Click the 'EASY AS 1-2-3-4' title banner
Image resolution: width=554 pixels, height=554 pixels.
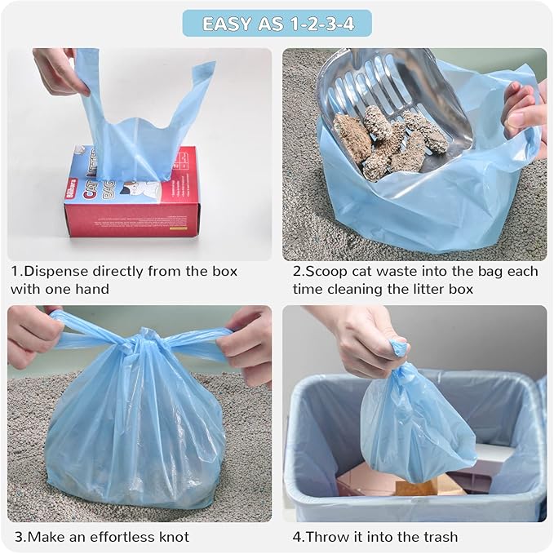[x=277, y=23]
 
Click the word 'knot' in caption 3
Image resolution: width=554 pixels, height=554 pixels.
[x=170, y=537]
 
